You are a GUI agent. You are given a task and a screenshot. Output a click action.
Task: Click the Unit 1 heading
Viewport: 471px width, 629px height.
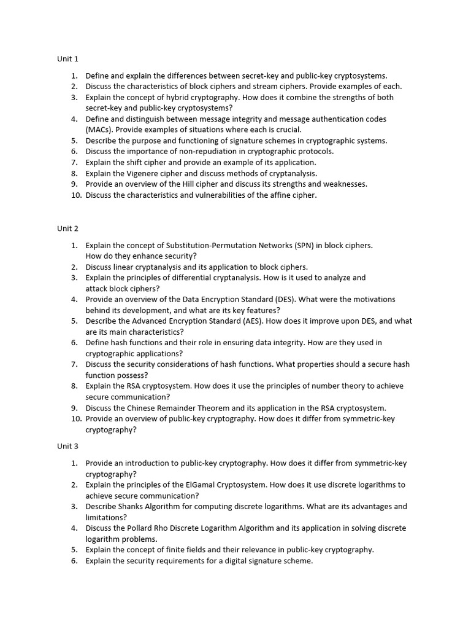coord(67,59)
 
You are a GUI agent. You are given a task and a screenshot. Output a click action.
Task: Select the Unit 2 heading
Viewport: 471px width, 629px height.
coord(67,229)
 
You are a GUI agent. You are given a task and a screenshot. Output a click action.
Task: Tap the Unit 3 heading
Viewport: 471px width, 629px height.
coord(67,446)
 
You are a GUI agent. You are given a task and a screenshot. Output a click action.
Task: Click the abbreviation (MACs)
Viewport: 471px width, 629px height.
coord(99,130)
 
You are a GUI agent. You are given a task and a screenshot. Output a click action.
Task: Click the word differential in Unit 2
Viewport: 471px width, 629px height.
coord(184,278)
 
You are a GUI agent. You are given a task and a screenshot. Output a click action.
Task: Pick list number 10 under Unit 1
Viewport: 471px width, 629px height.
coord(76,195)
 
